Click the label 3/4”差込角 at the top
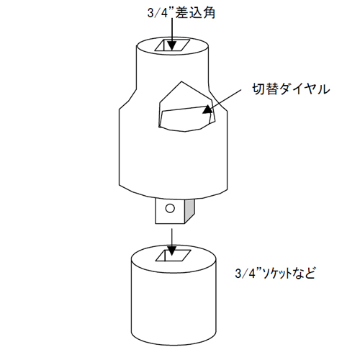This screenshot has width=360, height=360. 181,12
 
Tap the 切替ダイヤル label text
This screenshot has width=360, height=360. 291,89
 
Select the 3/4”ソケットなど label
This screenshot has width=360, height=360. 275,273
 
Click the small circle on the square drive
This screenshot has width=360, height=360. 170,208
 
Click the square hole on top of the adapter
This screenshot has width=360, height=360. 172,45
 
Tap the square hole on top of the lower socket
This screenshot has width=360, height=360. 174,256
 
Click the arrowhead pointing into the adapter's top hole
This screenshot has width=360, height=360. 172,45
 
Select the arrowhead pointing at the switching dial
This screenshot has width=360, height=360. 208,109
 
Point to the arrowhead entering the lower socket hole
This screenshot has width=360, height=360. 171,251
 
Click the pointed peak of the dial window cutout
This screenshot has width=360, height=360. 181,81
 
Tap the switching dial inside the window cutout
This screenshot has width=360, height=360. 186,118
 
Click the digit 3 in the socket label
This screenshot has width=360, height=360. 238,274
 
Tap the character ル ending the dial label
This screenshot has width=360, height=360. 323,89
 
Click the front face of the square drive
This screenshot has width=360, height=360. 170,211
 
